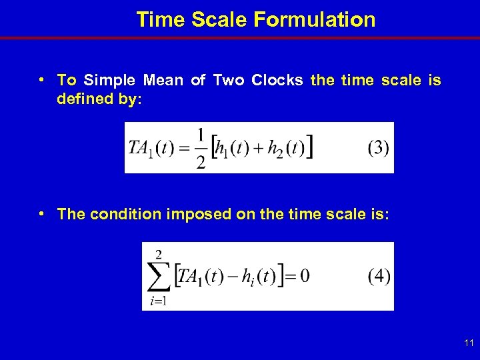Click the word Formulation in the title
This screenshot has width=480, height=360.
315,19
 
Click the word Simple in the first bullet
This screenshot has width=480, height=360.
109,81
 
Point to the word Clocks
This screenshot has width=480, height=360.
277,81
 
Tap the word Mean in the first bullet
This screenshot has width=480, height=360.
163,81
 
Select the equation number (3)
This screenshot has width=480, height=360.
378,147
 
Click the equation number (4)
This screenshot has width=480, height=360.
379,276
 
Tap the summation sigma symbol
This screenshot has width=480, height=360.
158,276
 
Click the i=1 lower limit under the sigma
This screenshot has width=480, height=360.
158,302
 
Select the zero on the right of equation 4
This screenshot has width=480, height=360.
304,276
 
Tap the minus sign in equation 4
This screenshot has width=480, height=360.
233,276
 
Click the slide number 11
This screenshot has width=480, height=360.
469,343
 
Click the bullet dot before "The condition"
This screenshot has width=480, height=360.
42,213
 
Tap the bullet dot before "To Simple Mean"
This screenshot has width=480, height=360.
42,80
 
